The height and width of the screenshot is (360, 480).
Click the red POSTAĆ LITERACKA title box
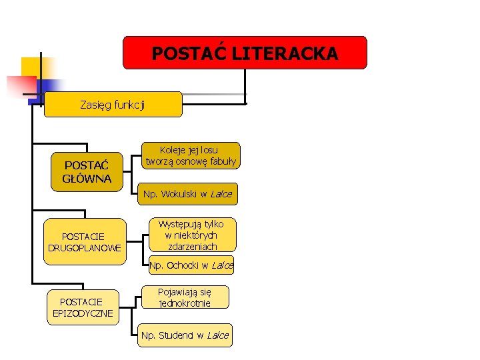click(x=245, y=53)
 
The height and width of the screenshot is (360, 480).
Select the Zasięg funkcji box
click(x=113, y=105)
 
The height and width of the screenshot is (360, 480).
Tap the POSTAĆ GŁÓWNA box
click(x=87, y=172)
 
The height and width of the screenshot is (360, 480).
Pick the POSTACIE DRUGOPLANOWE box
click(x=84, y=242)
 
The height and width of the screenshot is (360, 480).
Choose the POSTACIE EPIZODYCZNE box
click(x=83, y=307)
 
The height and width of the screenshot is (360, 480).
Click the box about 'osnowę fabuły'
click(x=191, y=155)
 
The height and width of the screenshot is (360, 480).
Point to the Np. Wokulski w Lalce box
click(x=187, y=195)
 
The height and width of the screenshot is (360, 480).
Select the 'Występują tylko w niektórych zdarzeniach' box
click(x=191, y=235)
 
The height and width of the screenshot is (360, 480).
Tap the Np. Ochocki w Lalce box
click(x=191, y=265)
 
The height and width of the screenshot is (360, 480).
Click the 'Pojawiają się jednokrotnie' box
click(x=185, y=297)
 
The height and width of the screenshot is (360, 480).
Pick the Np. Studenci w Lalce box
click(x=185, y=335)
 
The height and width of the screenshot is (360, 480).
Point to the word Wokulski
click(x=178, y=195)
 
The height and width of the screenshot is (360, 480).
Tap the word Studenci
click(x=176, y=335)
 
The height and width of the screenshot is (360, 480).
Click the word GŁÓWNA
click(x=87, y=179)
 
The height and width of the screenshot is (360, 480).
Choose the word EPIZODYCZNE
click(x=83, y=313)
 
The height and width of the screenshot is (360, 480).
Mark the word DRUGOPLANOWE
click(x=84, y=248)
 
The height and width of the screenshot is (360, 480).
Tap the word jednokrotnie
click(x=185, y=303)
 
